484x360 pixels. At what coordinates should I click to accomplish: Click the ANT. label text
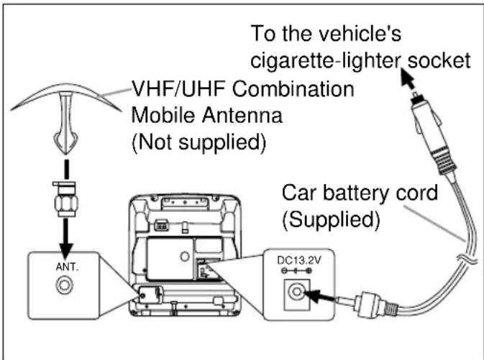68,267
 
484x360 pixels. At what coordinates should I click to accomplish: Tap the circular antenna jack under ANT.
65,285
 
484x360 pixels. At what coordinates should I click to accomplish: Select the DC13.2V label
299,261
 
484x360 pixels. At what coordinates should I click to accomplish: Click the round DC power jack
296,292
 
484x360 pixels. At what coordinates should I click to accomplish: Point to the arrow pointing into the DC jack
319,296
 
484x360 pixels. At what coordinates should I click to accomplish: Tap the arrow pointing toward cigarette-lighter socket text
408,78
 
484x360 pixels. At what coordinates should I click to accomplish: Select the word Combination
293,89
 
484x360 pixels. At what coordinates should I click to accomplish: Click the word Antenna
242,116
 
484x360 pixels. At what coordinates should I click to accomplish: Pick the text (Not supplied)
198,142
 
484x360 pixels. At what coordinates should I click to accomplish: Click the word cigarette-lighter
325,60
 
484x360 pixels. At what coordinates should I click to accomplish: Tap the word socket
439,60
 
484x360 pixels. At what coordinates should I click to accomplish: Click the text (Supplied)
331,220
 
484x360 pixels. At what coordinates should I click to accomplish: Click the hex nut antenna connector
65,199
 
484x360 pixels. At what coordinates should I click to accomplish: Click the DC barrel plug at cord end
367,305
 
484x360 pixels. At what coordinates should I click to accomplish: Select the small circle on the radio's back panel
185,257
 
